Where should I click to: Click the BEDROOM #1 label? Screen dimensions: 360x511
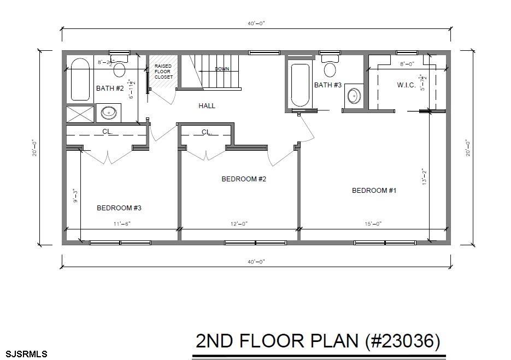[373, 190]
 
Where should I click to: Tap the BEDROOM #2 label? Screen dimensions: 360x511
[243, 179]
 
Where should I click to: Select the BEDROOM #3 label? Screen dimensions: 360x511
[119, 208]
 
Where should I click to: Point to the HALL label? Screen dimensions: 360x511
[207, 105]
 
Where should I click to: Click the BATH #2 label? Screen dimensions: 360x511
[110, 88]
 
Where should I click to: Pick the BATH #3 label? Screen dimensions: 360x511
[327, 85]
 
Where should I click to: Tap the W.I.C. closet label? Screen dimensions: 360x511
[407, 85]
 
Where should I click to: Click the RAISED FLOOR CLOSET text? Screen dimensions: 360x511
[163, 72]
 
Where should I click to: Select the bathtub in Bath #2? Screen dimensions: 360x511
[80, 80]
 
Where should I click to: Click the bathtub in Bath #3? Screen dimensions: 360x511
[300, 85]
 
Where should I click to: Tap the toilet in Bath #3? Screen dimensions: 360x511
[330, 67]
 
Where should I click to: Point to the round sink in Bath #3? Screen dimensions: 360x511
[354, 96]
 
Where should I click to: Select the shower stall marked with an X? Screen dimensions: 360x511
[80, 114]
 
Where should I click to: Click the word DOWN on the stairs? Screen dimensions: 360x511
[222, 69]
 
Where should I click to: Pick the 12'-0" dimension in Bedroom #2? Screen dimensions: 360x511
[239, 223]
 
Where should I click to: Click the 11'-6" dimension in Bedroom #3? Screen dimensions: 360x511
[122, 223]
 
